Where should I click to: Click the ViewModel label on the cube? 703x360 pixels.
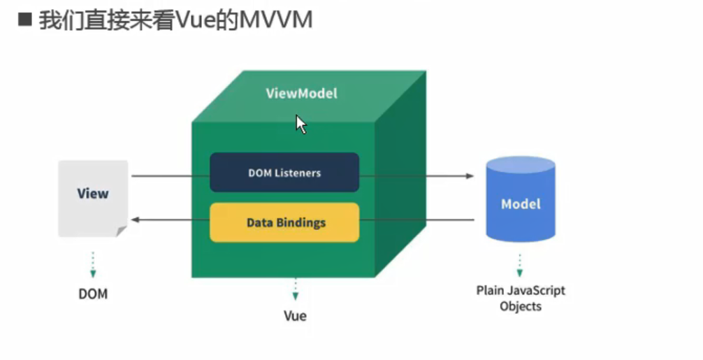click(x=301, y=93)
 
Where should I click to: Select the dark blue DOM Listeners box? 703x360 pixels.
click(x=284, y=173)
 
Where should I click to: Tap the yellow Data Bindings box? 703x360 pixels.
click(x=284, y=222)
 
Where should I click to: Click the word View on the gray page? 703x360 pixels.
click(x=93, y=193)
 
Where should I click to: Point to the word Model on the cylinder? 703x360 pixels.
click(x=521, y=204)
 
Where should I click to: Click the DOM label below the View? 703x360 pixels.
click(x=93, y=294)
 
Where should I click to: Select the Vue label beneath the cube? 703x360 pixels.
click(x=295, y=316)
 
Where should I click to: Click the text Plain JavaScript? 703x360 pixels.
click(x=521, y=291)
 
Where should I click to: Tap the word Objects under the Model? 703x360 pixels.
click(x=521, y=307)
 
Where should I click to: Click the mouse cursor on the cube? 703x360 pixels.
click(x=300, y=124)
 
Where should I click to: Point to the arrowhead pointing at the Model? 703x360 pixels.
click(x=470, y=175)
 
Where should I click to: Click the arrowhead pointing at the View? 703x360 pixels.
click(x=136, y=219)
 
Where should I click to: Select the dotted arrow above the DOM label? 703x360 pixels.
click(x=93, y=264)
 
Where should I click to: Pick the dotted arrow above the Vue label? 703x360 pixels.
click(x=295, y=289)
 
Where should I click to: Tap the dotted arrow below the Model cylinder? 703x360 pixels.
click(x=520, y=265)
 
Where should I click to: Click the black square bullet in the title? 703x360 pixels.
click(x=24, y=20)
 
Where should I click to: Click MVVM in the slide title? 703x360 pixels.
click(x=276, y=20)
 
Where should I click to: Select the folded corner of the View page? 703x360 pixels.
click(x=122, y=231)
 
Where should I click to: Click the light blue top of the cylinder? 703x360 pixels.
click(x=521, y=165)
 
